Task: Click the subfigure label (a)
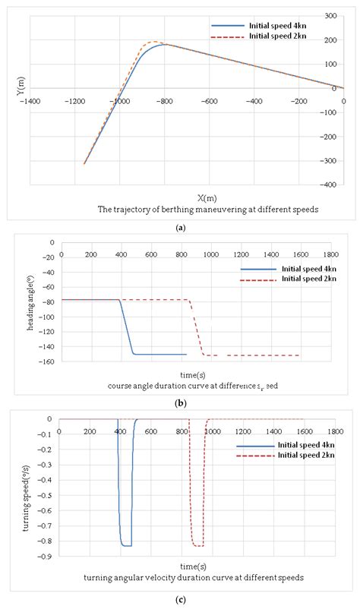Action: click(180, 226)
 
